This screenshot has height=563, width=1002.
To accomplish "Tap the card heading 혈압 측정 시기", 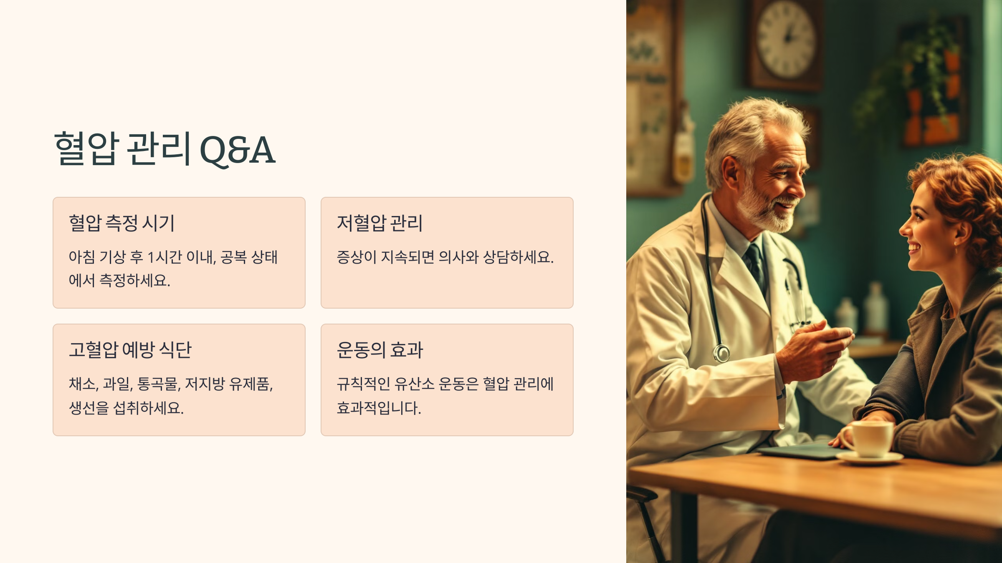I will (121, 223).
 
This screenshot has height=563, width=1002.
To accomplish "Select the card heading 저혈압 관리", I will (380, 223).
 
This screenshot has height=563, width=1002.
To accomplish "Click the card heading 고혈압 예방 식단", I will (130, 349).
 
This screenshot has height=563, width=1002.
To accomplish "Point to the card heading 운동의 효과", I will (380, 349).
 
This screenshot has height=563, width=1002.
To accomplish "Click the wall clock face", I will (786, 40).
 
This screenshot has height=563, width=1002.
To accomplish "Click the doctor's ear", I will (734, 173).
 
